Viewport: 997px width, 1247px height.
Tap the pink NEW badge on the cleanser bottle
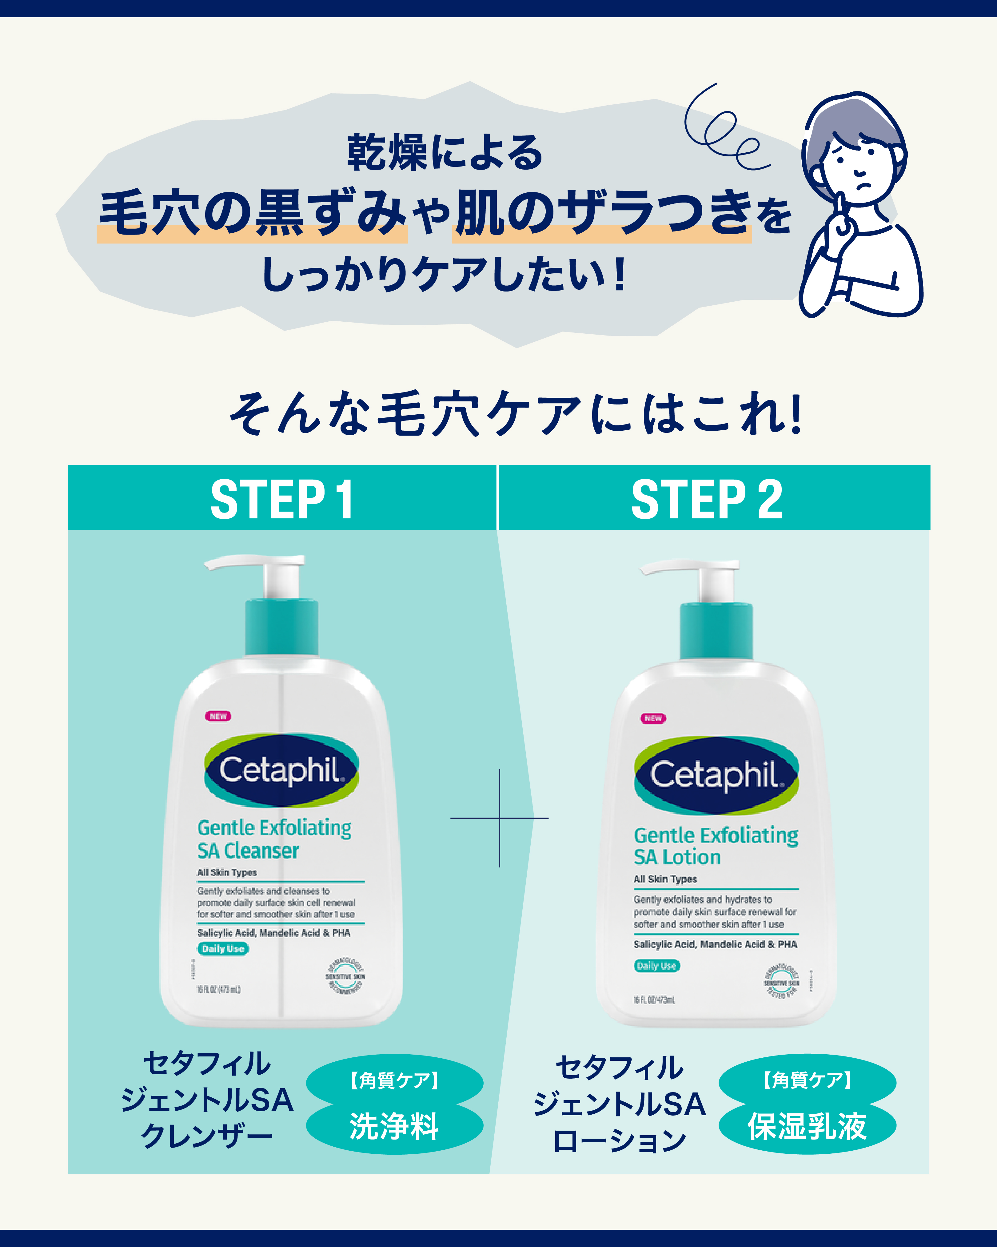pos(218,716)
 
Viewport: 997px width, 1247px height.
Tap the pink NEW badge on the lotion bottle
pos(653,718)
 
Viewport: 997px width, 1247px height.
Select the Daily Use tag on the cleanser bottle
pos(222,948)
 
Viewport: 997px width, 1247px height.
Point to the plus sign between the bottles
pos(499,818)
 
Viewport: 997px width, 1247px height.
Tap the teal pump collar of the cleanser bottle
pos(281,628)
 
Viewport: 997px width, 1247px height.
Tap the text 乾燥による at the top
pos(444,153)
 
